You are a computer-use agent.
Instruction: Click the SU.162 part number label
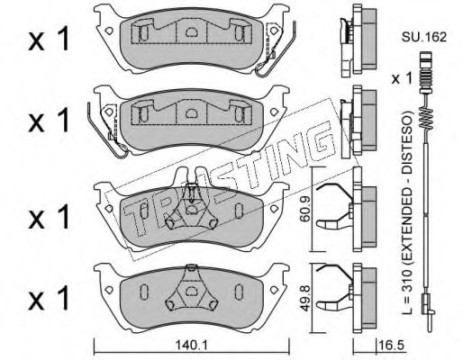point(424,37)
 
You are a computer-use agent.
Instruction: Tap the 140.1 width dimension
point(191,346)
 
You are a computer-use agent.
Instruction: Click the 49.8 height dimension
point(305,298)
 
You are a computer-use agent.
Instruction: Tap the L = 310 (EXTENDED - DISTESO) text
point(407,213)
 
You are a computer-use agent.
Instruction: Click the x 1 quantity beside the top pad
point(49,39)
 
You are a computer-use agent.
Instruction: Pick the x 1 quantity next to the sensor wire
point(402,79)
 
